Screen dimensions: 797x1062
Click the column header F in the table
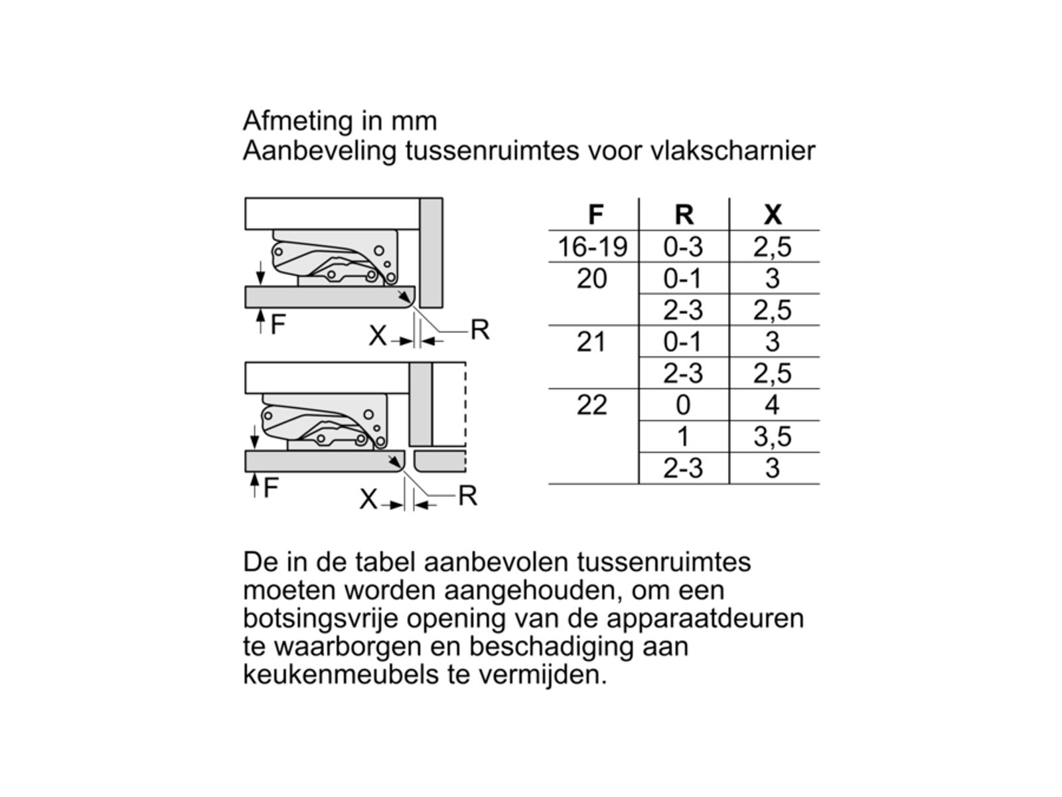click(595, 215)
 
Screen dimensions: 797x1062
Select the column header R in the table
click(684, 215)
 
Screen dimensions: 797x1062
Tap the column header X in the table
click(773, 215)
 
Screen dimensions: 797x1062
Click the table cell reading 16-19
click(592, 246)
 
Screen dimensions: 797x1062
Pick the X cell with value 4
click(771, 404)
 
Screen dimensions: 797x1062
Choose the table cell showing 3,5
click(773, 436)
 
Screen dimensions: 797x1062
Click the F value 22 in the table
click(591, 404)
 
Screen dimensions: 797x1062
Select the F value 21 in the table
click(591, 341)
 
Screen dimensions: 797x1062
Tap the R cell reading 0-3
click(683, 246)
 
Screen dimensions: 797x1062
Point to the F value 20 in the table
click(591, 278)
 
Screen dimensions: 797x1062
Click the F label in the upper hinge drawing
click(277, 324)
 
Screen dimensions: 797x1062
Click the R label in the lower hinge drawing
click(467, 495)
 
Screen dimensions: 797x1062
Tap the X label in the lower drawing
click(368, 499)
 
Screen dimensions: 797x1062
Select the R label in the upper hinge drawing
click(479, 329)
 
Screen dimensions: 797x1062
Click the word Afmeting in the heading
click(298, 121)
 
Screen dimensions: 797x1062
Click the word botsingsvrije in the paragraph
click(321, 618)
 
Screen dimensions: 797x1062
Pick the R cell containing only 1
click(683, 436)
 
